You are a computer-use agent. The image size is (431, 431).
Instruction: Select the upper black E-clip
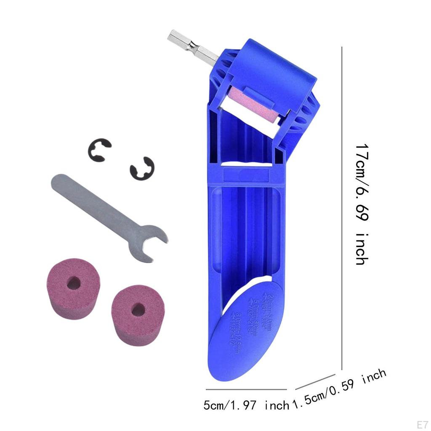coord(99,149)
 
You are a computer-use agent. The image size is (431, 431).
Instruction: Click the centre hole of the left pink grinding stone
coord(73,283)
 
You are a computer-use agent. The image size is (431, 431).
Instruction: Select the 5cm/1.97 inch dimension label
coord(246,406)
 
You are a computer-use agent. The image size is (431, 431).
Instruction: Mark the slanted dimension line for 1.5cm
coord(316,381)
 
